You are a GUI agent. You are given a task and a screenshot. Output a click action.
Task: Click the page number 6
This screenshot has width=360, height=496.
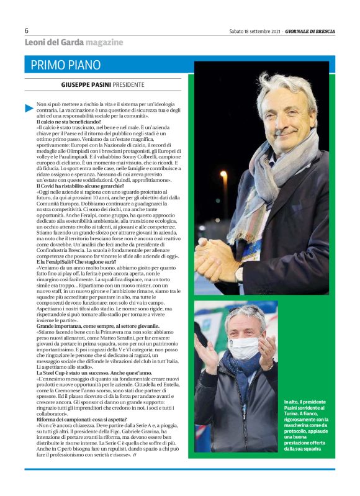27,30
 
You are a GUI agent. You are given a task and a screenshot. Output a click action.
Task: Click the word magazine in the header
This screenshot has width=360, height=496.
104,42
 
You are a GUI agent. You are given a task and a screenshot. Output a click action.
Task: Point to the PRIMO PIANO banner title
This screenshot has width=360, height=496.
65,65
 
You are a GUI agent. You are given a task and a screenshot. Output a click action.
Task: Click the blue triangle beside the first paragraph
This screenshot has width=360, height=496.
29,108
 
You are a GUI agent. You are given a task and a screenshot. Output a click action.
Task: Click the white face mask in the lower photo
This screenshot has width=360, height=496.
243,348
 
